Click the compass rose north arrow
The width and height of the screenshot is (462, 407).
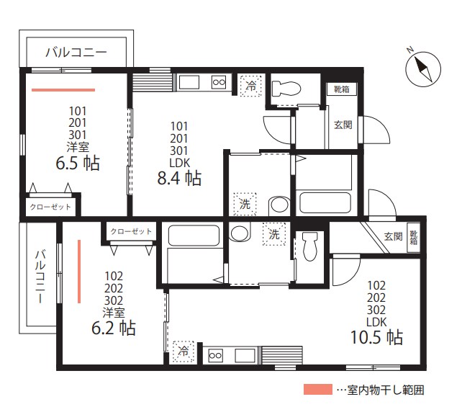[x=423, y=69]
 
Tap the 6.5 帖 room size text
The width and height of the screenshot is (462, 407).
[x=78, y=163]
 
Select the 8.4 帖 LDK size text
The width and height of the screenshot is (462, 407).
[x=179, y=178]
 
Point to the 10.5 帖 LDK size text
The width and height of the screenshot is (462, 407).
[x=376, y=337]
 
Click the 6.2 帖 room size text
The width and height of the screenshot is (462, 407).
[x=114, y=328]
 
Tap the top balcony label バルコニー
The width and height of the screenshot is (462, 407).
[x=76, y=52]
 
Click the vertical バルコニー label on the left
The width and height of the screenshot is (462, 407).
[x=40, y=277]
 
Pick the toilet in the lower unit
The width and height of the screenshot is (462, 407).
[x=310, y=246]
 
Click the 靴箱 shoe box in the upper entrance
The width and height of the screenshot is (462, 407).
[x=342, y=89]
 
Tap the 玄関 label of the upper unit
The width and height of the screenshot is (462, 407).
[x=343, y=125]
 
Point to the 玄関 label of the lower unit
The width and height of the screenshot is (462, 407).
[x=393, y=236]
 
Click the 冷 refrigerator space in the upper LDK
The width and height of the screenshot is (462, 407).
[x=251, y=86]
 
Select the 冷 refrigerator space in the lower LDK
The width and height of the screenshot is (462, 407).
[x=184, y=351]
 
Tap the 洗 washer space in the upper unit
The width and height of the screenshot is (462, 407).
[x=245, y=204]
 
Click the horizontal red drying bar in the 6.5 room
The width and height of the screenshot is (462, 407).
[x=63, y=90]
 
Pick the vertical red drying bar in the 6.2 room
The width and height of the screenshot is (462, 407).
[x=79, y=272]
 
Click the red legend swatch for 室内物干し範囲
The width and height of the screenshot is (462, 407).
[x=318, y=389]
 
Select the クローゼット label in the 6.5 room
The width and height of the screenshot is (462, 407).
[x=50, y=207]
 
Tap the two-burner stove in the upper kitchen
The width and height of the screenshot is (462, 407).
[x=219, y=82]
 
